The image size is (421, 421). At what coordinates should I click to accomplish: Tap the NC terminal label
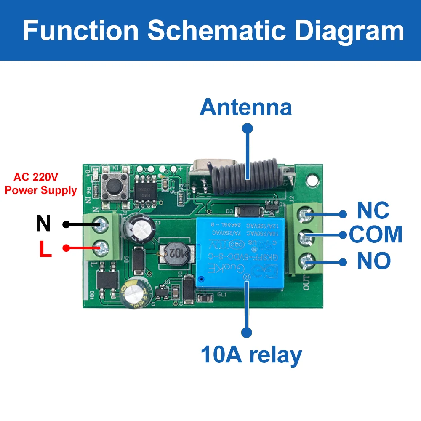point(373,210)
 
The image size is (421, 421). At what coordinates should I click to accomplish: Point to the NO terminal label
point(374,261)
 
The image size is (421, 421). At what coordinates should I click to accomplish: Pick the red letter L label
point(45,248)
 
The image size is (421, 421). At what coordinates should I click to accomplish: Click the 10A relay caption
point(251,354)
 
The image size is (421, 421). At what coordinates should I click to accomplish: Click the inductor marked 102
point(174,253)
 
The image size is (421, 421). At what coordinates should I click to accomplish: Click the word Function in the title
point(80,30)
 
